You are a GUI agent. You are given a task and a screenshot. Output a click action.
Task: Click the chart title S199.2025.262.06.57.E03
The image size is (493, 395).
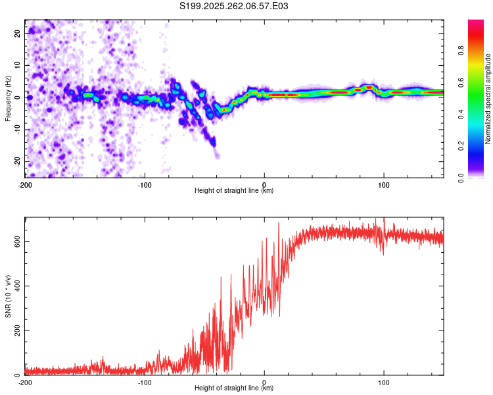[234, 7]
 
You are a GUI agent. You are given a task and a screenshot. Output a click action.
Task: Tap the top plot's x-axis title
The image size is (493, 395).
[234, 191]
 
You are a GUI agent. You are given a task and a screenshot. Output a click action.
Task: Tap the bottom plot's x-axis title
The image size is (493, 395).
[234, 388]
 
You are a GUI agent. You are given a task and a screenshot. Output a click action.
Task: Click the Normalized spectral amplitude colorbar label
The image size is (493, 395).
[488, 99]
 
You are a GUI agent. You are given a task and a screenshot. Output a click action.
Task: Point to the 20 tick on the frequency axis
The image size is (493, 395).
[18, 32]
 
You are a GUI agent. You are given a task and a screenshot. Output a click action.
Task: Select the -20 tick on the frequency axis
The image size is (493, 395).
[16, 161]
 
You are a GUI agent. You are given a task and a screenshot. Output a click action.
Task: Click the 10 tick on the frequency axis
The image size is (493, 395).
[18, 65]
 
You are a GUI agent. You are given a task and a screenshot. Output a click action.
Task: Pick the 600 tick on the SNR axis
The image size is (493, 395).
[16, 241]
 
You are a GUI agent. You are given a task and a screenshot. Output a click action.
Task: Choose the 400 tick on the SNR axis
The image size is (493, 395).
[16, 286]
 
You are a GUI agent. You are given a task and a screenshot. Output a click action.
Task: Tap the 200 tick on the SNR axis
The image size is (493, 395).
[16, 330]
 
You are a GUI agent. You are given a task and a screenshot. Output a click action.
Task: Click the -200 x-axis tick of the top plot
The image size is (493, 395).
[25, 184]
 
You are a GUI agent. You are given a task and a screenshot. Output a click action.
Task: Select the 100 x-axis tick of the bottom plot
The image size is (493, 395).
[384, 382]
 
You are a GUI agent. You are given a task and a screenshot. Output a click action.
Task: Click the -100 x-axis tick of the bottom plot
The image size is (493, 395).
[145, 382]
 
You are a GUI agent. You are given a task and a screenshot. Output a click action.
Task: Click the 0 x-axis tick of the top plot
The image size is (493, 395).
[264, 184]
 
